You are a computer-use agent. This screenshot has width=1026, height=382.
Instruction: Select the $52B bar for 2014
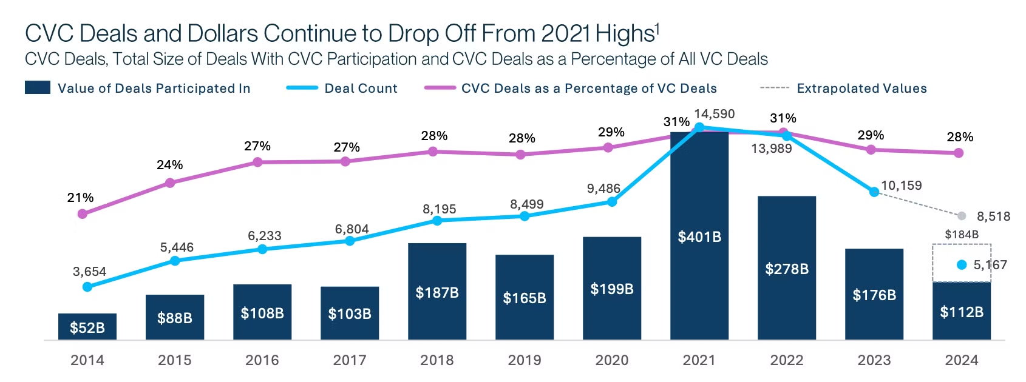[x=87, y=327]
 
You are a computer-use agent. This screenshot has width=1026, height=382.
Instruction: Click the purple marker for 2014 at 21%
[x=83, y=214]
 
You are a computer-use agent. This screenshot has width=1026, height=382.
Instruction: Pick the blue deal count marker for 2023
[x=874, y=192]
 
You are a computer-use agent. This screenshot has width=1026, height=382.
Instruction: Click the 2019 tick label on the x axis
[x=525, y=360]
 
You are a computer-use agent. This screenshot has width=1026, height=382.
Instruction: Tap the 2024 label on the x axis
[x=962, y=360]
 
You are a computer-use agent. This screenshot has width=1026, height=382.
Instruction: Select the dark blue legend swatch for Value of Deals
[x=38, y=88]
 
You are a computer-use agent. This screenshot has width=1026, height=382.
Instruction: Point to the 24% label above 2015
[x=170, y=165]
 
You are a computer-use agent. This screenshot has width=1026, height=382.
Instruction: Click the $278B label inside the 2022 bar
[x=787, y=269]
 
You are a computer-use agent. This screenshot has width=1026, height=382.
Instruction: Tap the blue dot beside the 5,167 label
[x=962, y=265]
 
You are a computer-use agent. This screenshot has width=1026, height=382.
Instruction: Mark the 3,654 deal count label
[x=89, y=272]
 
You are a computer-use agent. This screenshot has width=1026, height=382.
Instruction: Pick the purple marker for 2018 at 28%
[x=433, y=152]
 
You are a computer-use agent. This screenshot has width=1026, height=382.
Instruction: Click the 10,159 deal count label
[x=901, y=186]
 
